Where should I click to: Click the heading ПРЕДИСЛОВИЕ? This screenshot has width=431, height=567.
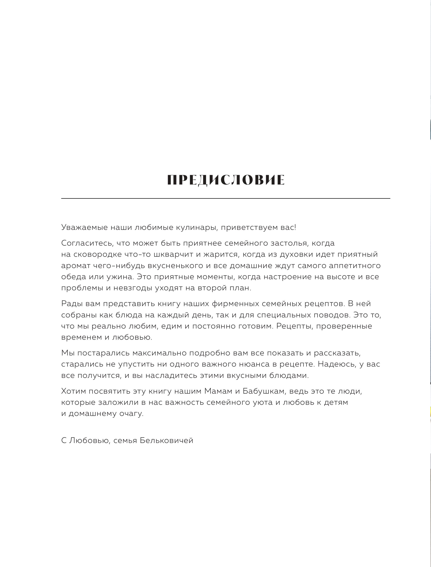226,180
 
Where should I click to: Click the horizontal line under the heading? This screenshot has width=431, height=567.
226,198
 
